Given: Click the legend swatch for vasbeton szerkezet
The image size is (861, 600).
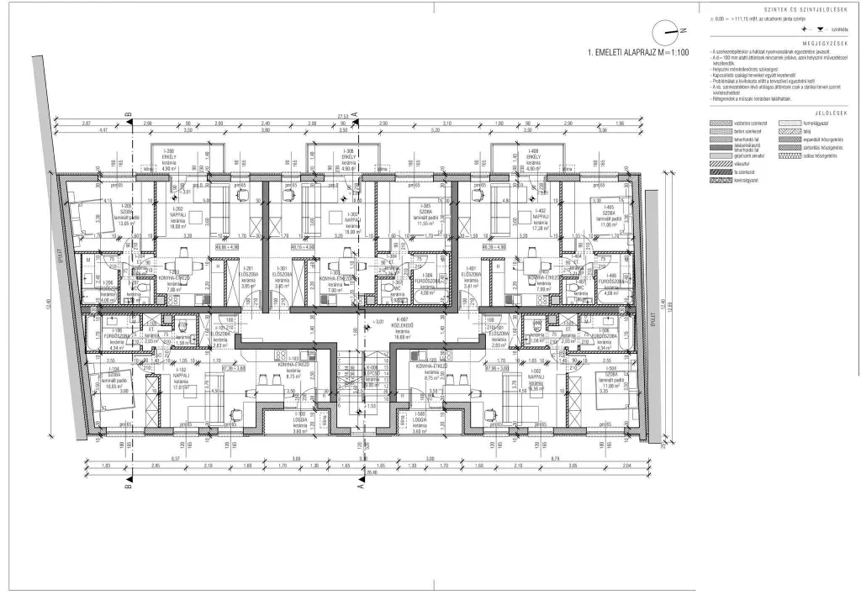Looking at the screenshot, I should (719, 124).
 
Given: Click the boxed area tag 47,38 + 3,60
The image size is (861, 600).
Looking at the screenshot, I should (234, 367).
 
